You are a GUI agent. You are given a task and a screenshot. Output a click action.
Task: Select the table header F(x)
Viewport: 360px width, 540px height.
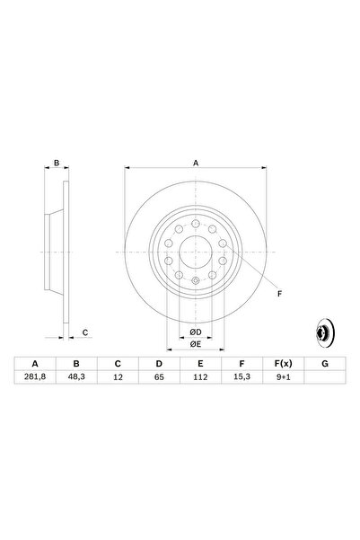coord(282,364)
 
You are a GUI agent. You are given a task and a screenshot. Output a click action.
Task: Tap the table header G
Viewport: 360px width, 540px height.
coord(323,364)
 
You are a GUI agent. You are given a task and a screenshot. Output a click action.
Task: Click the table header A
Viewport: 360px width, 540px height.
coord(35,364)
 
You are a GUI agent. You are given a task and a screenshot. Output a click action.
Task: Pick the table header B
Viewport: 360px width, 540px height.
coord(76,364)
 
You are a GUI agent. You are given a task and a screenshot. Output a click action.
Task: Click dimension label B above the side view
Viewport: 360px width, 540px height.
coord(56,164)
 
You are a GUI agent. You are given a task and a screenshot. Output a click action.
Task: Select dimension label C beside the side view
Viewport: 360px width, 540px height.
coord(85,333)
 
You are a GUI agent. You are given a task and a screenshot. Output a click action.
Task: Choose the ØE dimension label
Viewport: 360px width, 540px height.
coord(194,344)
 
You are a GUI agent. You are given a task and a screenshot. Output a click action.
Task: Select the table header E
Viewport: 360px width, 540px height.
coord(200,364)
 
